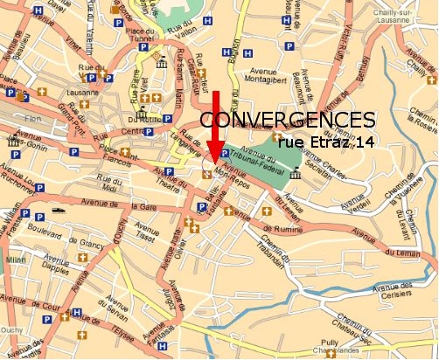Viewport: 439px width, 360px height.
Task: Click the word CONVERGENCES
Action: click(289, 119)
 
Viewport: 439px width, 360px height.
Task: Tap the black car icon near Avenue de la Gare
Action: click(59, 211)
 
